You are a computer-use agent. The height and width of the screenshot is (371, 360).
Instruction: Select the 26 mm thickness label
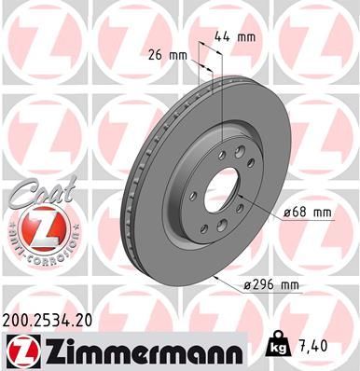pos(168,54)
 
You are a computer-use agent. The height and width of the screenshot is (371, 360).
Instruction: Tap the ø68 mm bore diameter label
pos(308,213)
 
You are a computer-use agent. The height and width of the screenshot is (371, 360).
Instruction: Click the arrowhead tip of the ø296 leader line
pos(214,277)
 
